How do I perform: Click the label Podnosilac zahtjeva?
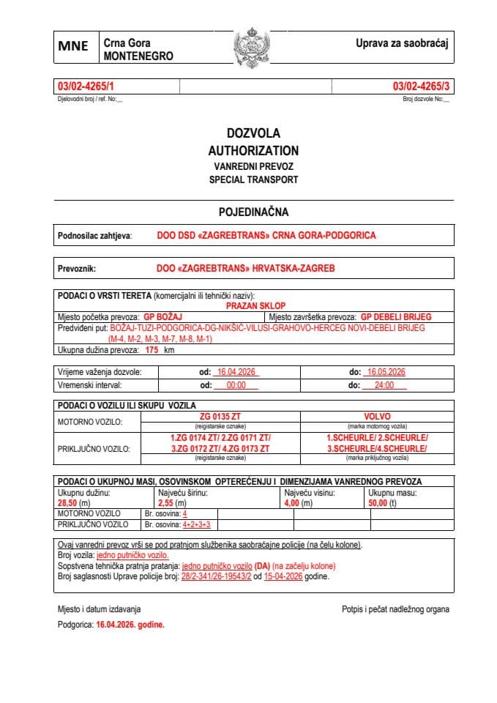pyautogui.click(x=94, y=236)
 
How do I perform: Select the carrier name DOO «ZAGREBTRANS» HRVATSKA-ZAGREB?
pyautogui.click(x=245, y=269)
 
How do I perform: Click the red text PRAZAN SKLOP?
pyautogui.click(x=255, y=305)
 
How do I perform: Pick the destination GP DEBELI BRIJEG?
pyautogui.click(x=396, y=317)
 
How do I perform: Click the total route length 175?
pyautogui.click(x=152, y=351)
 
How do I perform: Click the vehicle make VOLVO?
pyautogui.click(x=377, y=417)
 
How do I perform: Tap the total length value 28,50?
pyautogui.click(x=67, y=503)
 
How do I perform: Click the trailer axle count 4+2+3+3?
pyautogui.click(x=197, y=524)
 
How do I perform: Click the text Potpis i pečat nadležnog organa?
pyautogui.click(x=395, y=609)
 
